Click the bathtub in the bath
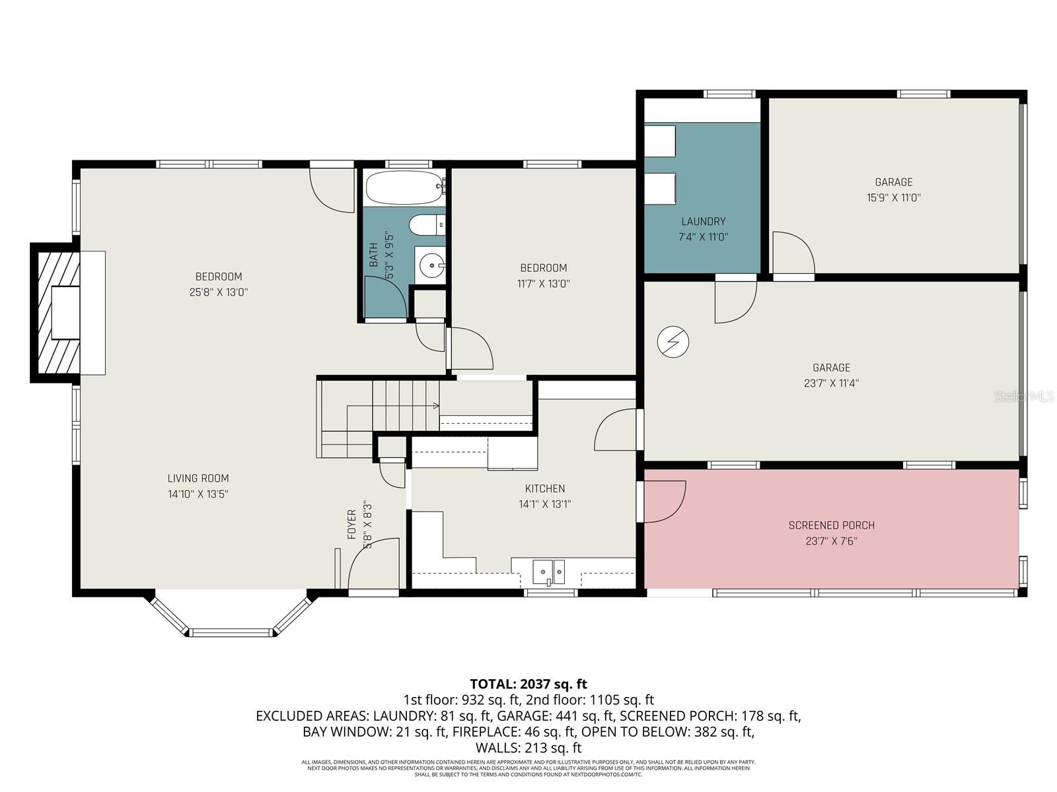tap(404, 187)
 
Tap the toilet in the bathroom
tap(427, 226)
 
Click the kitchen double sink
tap(549, 571)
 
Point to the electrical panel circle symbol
tap(673, 342)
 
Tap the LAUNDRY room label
tap(704, 222)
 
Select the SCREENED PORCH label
tap(831, 525)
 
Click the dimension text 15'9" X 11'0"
tap(893, 197)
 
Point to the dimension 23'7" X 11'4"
tap(831, 383)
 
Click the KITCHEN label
tap(544, 488)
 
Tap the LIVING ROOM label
tap(198, 478)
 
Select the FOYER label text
tap(351, 524)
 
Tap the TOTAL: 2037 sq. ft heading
tap(528, 684)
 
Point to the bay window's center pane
tap(231, 632)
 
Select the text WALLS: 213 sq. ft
tap(528, 748)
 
